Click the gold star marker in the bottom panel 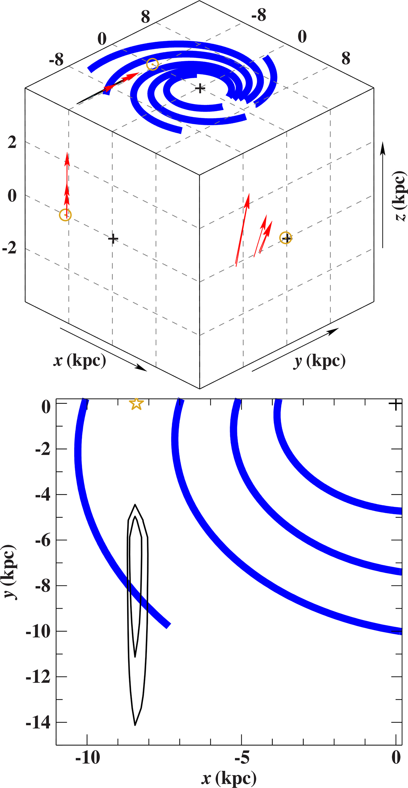point(136,404)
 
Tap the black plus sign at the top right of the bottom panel point(395,404)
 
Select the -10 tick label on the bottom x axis point(88,758)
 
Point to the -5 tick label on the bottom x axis point(241,758)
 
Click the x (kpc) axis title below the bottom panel point(229,778)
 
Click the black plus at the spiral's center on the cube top point(200,89)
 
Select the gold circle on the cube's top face point(152,64)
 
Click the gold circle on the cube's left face point(65,215)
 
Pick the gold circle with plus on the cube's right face point(286,238)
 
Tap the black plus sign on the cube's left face point(113,239)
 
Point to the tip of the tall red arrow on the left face point(67,154)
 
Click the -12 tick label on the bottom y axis point(38,677)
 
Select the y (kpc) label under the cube point(319,361)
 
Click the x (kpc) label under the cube point(80,360)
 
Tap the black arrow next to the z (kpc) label point(383,194)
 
